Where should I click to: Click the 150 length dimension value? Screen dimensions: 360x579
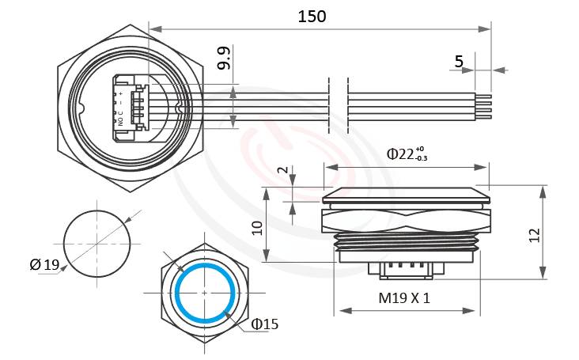[312, 15]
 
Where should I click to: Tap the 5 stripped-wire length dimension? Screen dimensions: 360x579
[460, 61]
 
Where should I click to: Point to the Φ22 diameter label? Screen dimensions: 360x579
[407, 153]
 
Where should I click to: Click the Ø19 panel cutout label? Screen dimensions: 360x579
[45, 264]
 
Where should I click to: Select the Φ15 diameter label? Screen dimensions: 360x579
[265, 324]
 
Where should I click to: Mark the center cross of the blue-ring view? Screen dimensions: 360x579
[205, 293]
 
